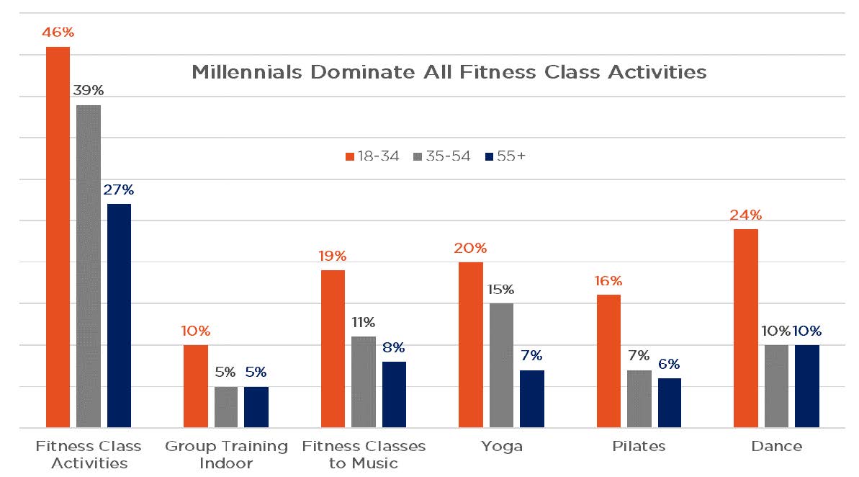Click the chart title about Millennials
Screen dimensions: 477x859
(x=449, y=73)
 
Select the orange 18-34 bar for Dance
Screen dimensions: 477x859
(x=745, y=329)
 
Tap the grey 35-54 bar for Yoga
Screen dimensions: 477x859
(x=501, y=365)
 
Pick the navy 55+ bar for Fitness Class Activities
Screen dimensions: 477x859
(x=119, y=316)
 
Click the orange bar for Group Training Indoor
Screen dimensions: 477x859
(x=195, y=386)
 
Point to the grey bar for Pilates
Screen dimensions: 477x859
(x=639, y=398)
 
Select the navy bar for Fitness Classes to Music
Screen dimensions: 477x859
(x=394, y=394)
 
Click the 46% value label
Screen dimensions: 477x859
(x=58, y=32)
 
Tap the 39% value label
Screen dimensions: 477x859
(x=89, y=91)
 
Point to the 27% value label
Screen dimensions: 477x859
(x=119, y=190)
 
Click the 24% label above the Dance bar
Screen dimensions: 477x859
(x=745, y=215)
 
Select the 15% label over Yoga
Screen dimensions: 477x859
(x=501, y=290)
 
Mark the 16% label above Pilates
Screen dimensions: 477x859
(x=608, y=281)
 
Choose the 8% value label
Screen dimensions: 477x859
(x=394, y=347)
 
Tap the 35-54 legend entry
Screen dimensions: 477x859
(x=442, y=156)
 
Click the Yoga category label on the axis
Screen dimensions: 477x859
(x=501, y=447)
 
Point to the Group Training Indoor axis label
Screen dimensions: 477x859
(x=226, y=455)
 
